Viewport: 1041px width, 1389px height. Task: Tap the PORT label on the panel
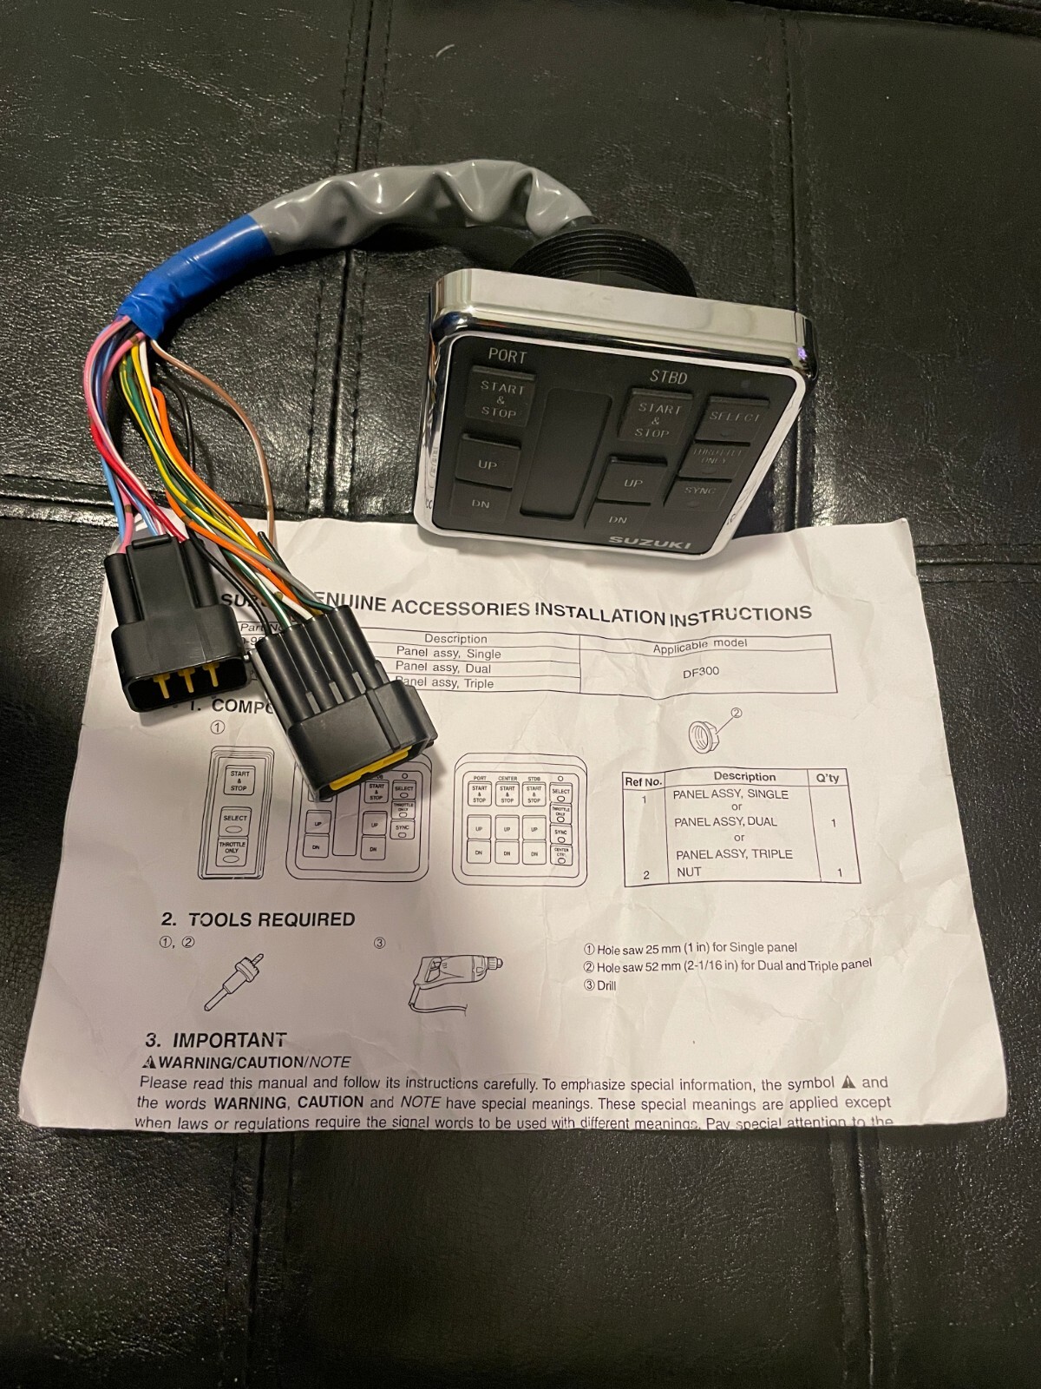click(x=507, y=356)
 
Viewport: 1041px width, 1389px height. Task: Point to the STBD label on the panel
click(x=668, y=377)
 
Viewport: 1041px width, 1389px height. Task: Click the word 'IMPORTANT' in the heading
click(x=229, y=1040)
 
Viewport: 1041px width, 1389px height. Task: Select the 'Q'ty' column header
click(x=828, y=778)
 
